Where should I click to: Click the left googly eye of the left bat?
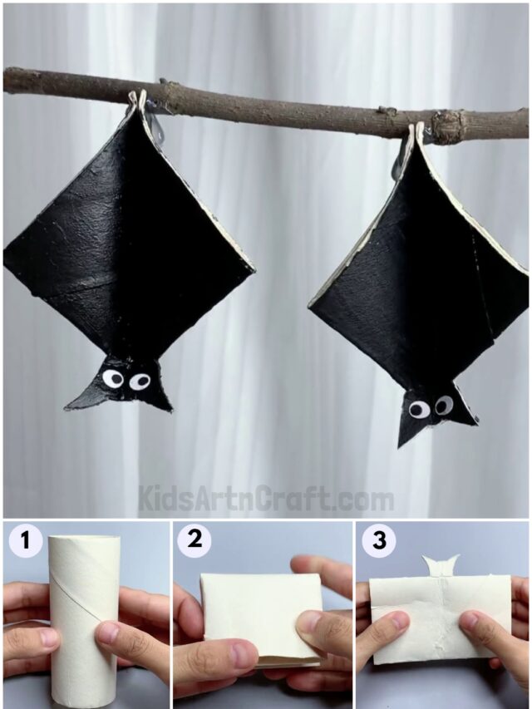(112, 379)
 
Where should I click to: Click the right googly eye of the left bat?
(140, 381)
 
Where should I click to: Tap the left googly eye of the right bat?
(419, 409)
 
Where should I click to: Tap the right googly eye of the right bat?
(444, 405)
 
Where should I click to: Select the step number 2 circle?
(195, 540)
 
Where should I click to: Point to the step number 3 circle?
(379, 541)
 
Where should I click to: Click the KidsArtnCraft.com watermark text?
(266, 499)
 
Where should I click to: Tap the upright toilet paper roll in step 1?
(83, 615)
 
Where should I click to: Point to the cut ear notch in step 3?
(441, 565)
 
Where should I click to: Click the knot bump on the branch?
(450, 126)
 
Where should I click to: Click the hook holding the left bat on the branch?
(142, 103)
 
